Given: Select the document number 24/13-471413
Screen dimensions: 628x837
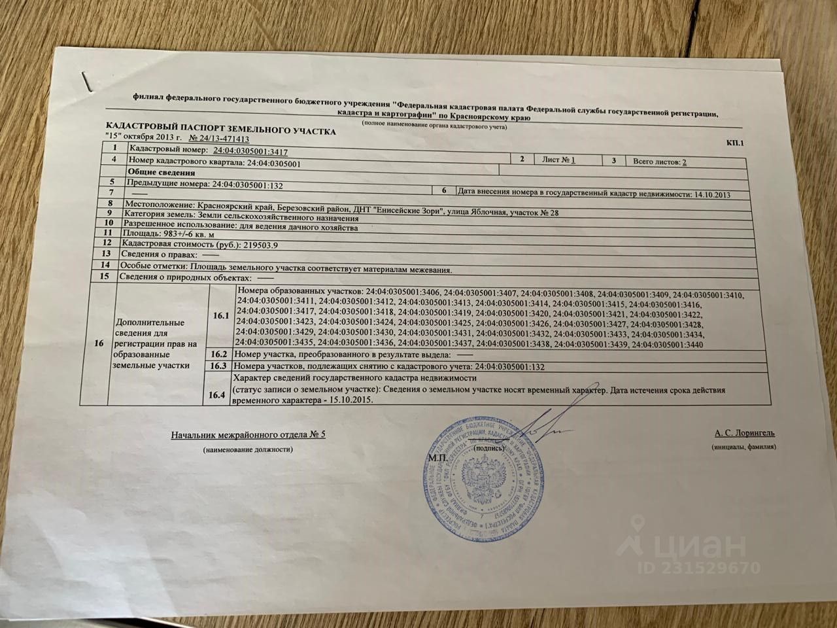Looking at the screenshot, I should click(x=218, y=139).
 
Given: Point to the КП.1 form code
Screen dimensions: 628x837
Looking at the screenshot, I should click(x=735, y=143).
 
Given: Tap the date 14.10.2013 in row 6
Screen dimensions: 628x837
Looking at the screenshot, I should click(x=709, y=194).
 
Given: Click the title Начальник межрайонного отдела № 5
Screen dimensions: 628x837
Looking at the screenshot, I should click(x=248, y=435).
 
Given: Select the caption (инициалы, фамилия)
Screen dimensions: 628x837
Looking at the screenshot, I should click(x=743, y=447).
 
